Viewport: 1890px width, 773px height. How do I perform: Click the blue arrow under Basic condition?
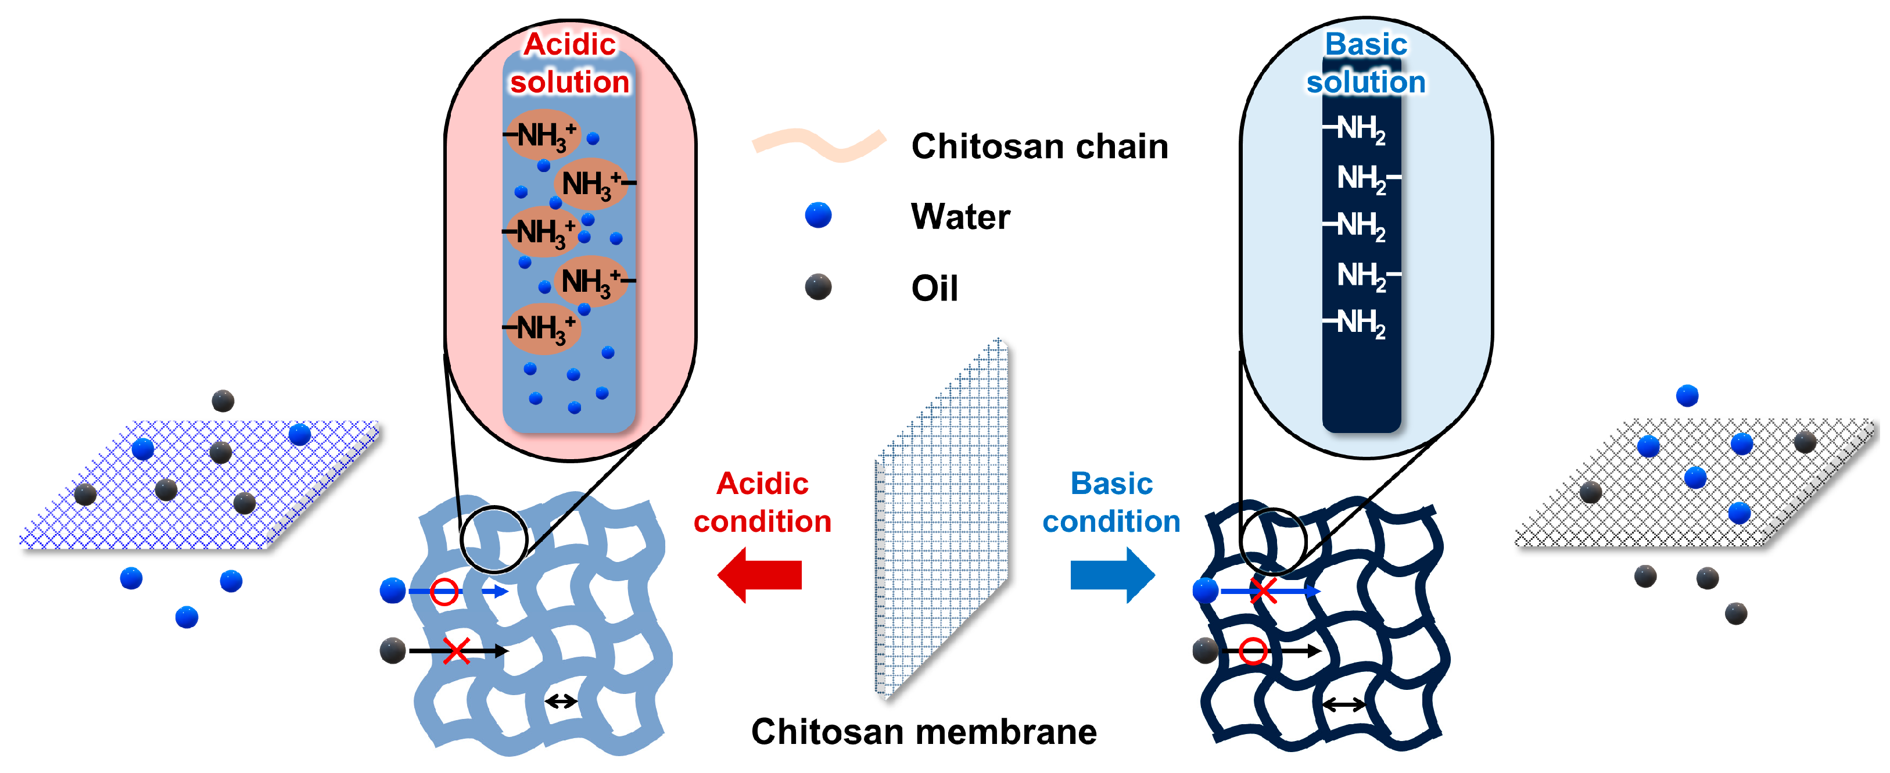1112,575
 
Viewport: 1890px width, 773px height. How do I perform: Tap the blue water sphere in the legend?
818,215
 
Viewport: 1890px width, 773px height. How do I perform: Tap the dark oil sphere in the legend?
818,287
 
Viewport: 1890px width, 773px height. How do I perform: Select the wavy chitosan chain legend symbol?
819,145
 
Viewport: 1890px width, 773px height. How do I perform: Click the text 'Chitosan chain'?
1039,146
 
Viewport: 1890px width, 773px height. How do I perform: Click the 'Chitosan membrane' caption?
924,732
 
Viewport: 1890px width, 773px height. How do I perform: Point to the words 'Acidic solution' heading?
569,63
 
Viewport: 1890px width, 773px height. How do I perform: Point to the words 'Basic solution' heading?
1365,63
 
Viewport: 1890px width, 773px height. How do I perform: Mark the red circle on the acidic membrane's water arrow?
444,591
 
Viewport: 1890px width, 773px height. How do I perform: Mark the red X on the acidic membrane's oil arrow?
456,650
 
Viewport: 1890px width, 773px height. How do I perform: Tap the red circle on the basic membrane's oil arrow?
1253,650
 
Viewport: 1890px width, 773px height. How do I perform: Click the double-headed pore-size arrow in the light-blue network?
561,702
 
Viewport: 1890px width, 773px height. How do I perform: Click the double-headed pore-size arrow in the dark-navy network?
1343,705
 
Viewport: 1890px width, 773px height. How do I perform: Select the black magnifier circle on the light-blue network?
494,539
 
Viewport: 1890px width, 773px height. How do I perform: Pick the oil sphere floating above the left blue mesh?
223,401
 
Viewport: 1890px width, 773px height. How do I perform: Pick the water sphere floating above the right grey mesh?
1687,396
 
